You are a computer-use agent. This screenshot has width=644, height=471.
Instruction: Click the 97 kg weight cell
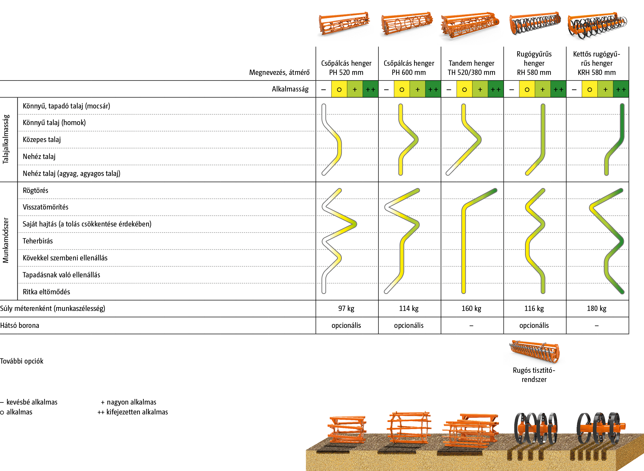tap(346, 308)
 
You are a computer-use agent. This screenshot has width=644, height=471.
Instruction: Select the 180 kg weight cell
tap(596, 308)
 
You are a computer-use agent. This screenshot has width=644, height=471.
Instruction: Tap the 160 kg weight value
tap(471, 308)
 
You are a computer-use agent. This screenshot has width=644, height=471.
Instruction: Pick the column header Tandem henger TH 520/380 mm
tap(471, 68)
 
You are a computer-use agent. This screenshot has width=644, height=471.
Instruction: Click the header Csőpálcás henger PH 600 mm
tap(409, 68)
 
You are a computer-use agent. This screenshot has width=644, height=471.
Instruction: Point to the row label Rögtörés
tap(35, 190)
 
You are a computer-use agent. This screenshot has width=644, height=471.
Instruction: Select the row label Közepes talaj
tap(42, 140)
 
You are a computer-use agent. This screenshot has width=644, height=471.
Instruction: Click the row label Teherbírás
tap(37, 241)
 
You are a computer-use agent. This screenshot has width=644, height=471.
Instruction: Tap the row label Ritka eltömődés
tap(46, 292)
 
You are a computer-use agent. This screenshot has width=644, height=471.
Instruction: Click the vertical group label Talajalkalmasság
tap(6, 139)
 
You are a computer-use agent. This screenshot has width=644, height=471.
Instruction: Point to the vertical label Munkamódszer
tap(6, 240)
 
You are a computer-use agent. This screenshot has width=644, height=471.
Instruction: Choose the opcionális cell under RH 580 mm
tap(534, 325)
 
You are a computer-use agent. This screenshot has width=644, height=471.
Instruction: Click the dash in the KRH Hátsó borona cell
tap(596, 325)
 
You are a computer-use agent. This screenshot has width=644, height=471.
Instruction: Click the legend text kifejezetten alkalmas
tap(137, 412)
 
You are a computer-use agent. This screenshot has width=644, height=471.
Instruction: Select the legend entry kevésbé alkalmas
tap(31, 402)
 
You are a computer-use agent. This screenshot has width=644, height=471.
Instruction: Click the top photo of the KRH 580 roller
tap(597, 25)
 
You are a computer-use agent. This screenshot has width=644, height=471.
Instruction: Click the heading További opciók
tap(22, 361)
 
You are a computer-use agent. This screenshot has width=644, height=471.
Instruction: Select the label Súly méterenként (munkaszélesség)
tap(53, 308)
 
